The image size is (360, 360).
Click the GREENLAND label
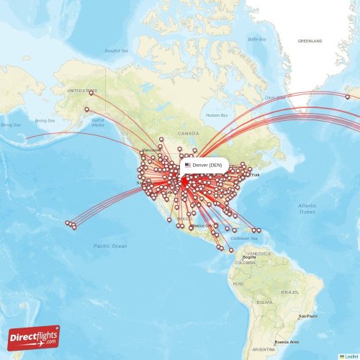310,41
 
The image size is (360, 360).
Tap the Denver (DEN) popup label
207,165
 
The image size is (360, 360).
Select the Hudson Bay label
216,115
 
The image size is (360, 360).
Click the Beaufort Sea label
116,51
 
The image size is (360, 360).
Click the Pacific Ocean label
109,246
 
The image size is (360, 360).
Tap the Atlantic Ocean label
307,209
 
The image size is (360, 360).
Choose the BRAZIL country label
290,292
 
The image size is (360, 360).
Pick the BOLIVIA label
264,302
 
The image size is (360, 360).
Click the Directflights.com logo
34,337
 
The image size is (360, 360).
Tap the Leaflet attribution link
350,356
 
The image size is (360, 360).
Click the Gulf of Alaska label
98,122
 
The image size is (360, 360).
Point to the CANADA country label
189,133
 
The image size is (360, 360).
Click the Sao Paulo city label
308,316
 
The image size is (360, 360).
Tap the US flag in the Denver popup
188,165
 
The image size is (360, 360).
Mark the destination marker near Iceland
347,96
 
